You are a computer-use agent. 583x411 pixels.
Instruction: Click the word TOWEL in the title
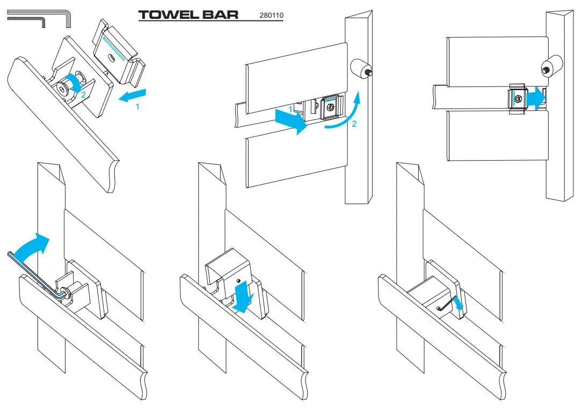(164, 15)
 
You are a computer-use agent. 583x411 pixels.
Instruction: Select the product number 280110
(272, 15)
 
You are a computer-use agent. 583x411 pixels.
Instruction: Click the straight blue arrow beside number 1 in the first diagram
(133, 95)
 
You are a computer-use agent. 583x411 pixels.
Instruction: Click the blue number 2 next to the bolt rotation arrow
(83, 95)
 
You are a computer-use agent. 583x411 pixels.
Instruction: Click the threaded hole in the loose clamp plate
(111, 57)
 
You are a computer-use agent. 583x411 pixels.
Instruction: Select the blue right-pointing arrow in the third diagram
(536, 98)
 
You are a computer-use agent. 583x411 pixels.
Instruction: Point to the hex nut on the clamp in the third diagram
(518, 98)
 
